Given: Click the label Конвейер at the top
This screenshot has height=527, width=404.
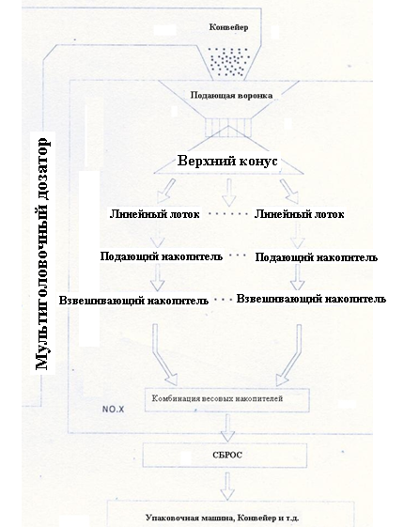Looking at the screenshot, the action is (228, 27).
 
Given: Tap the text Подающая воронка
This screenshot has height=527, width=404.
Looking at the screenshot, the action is (231, 96).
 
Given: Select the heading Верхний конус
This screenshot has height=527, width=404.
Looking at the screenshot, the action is (227, 161).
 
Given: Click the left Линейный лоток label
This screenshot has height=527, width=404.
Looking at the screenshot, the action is (155, 214).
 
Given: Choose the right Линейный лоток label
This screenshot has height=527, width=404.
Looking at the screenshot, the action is (299, 214).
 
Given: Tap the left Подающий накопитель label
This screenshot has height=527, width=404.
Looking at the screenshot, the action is (162, 256).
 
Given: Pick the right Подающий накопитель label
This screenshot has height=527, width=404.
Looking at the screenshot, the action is (317, 257).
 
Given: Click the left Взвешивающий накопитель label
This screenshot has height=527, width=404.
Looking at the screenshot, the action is (133, 300).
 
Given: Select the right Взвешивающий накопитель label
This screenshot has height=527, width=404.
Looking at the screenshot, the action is (311, 299).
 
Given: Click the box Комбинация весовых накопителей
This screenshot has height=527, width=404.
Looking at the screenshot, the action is (226, 400).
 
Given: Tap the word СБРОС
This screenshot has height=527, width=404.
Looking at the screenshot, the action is (227, 455).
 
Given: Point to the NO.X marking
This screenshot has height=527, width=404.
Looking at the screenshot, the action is (113, 409).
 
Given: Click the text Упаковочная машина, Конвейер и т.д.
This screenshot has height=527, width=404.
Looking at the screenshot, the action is (223, 518).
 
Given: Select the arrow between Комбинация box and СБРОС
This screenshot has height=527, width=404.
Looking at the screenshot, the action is (227, 427).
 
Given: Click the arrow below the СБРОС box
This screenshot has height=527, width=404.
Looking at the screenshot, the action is (227, 487).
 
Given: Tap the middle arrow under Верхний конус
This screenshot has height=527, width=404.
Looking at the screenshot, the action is (229, 193).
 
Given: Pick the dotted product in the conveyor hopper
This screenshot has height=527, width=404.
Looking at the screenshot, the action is (228, 61).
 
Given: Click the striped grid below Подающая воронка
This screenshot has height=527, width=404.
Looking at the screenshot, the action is (228, 128).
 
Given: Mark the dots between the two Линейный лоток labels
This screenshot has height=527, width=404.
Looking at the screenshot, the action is (227, 214).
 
